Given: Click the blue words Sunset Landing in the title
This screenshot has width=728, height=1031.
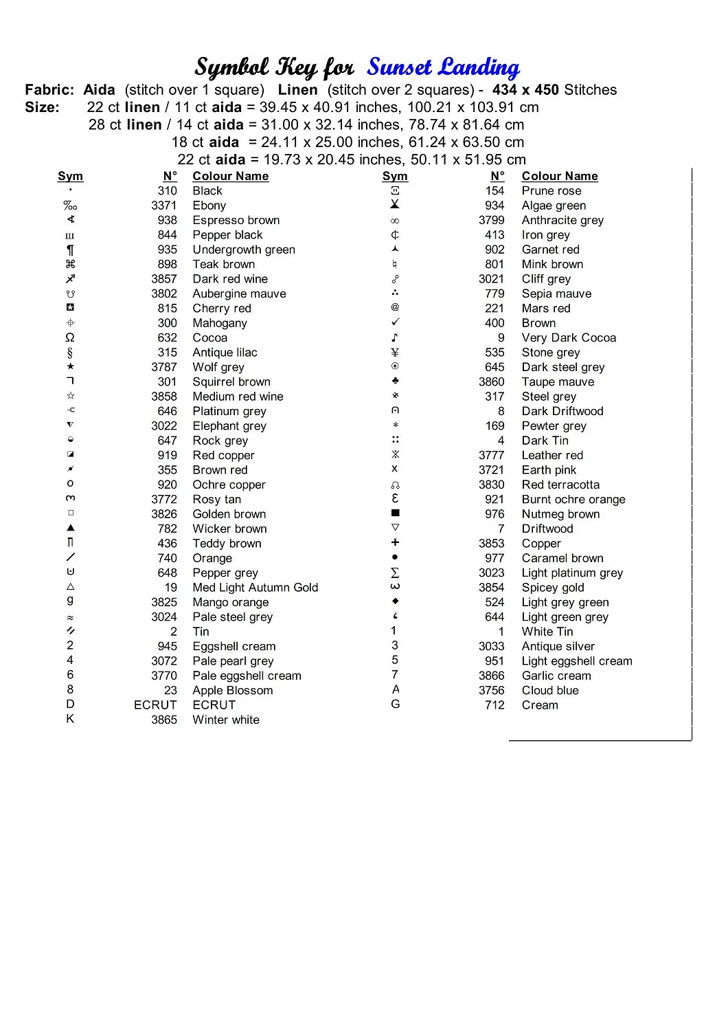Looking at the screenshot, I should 443,67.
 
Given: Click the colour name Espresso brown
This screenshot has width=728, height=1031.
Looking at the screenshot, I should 236,220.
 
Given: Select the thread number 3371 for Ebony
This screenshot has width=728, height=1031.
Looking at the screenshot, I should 164,206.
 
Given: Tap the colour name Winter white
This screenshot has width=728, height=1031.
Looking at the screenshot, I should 226,720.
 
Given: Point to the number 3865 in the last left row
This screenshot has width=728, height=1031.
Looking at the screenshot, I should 164,720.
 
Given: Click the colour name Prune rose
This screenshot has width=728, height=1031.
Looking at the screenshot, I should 551,191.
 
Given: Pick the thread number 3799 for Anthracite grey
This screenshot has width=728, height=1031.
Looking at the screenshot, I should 491,220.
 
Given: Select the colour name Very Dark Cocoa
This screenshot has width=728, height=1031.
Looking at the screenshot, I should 569,337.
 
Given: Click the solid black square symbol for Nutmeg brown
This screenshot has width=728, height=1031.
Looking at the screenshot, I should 395,513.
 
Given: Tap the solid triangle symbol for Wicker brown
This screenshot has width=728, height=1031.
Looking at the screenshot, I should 70,528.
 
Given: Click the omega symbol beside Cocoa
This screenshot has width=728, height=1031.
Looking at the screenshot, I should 70,337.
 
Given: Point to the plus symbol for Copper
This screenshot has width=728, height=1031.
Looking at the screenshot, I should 395,542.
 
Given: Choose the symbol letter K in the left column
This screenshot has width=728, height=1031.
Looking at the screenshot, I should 70,719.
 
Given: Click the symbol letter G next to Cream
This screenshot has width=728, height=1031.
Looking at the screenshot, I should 395,704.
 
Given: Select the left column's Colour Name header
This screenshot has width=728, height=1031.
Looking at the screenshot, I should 230,176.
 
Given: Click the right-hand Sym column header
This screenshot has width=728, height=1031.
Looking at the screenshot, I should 395,176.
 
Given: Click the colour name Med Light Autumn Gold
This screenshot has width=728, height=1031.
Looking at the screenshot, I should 255,588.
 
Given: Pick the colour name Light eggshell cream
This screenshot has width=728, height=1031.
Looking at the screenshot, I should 576,661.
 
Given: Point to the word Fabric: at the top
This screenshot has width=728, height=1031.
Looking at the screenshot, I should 49,90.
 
